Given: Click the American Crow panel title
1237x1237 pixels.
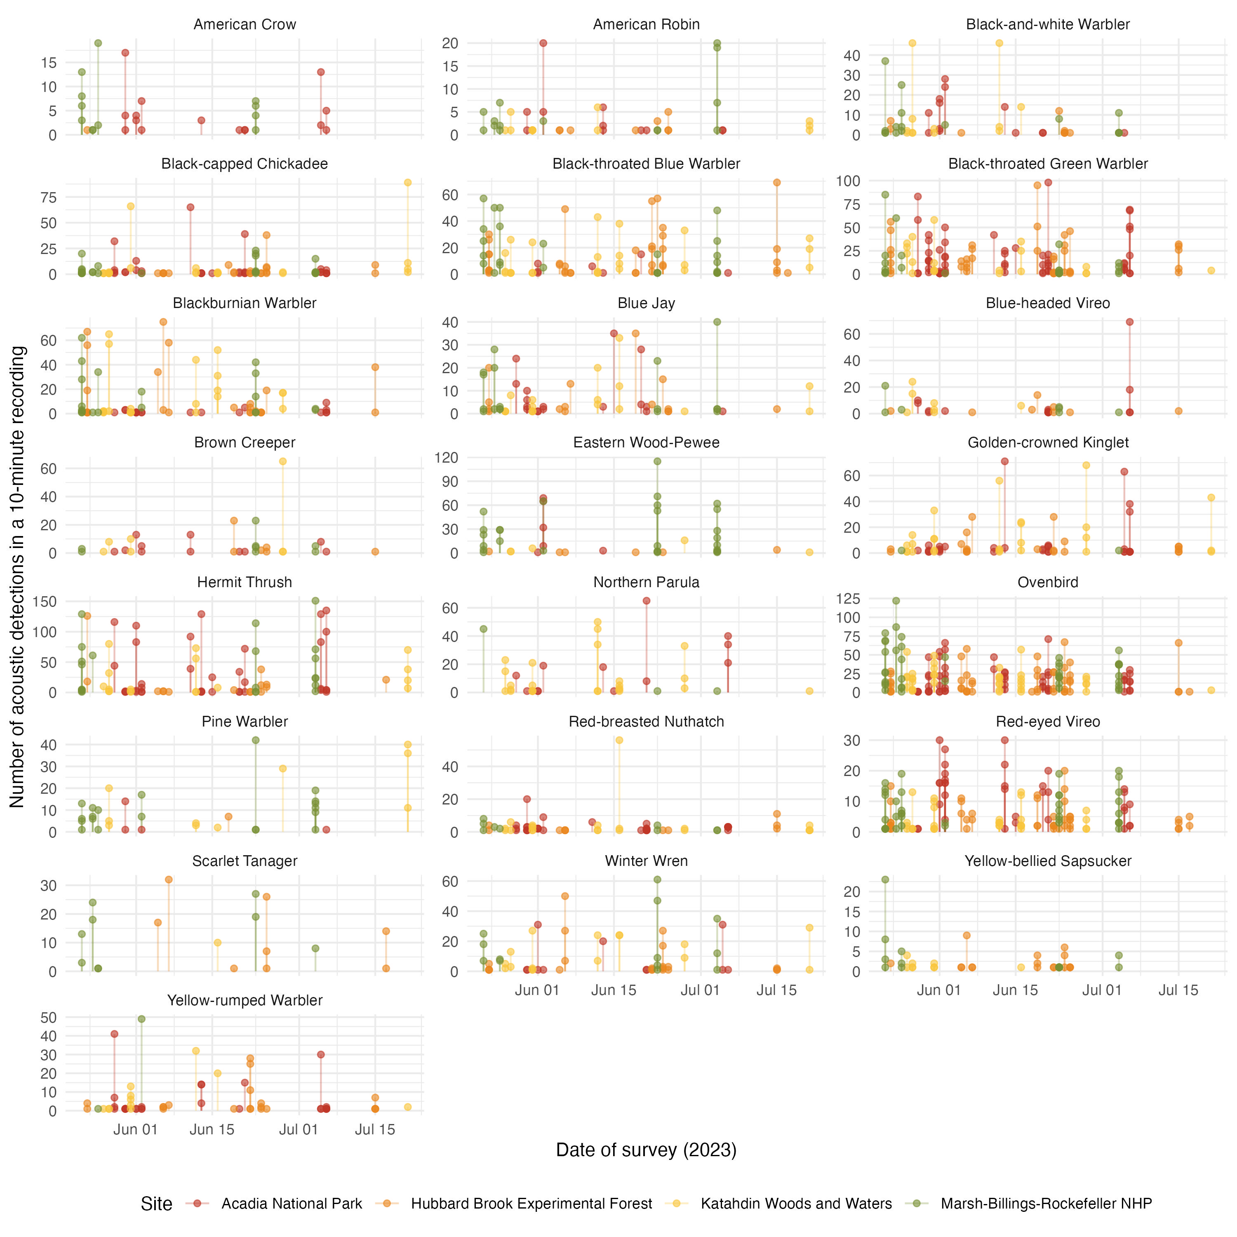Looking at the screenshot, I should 245,24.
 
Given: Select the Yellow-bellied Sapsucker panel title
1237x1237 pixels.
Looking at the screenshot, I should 1047,861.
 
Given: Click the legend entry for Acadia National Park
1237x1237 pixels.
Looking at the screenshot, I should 292,1204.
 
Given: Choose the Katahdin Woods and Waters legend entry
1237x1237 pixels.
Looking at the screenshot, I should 796,1204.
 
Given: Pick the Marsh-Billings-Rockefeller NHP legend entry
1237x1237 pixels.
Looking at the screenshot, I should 1046,1204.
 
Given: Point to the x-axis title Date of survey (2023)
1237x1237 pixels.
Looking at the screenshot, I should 646,1150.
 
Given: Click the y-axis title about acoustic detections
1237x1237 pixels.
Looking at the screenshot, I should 17,576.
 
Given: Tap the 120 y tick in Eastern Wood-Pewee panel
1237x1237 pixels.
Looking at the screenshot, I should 446,457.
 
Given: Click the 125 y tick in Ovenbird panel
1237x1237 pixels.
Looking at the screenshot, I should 847,599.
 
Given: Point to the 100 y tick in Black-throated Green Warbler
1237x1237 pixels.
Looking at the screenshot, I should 847,181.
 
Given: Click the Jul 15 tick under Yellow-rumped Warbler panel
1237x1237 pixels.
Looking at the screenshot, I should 374,1129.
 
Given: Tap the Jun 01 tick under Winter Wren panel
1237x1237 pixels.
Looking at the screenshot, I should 536,990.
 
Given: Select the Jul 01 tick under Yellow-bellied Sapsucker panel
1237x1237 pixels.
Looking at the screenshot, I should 1101,990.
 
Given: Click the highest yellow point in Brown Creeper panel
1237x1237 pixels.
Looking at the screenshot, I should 282,461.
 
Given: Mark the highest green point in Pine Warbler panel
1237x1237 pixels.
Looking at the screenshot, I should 256,740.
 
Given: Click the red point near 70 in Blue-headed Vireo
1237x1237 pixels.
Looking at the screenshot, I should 1129,322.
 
